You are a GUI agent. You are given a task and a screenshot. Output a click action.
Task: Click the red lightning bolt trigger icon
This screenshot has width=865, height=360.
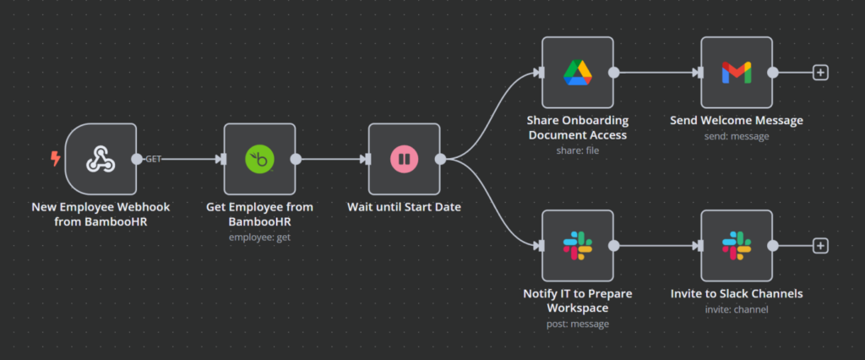(56, 158)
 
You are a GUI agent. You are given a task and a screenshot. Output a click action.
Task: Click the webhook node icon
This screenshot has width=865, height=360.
(101, 159)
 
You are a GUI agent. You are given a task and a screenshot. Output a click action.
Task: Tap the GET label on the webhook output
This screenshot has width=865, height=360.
(155, 158)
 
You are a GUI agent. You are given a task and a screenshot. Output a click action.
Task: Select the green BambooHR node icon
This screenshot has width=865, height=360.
(259, 159)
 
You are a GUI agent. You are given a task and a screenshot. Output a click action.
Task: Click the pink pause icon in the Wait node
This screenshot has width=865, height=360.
(404, 159)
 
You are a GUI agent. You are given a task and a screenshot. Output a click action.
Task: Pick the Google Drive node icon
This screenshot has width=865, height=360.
(578, 73)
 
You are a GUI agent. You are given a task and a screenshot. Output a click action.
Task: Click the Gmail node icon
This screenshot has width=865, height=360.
(736, 73)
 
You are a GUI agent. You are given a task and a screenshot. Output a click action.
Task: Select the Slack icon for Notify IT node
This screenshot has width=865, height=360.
(578, 246)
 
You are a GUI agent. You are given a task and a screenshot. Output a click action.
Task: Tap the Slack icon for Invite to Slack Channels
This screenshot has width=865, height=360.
(736, 246)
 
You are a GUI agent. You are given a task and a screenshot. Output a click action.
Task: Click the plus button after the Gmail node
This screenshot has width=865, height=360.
(819, 73)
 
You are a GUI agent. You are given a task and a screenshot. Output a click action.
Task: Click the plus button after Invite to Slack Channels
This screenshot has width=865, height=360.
(819, 246)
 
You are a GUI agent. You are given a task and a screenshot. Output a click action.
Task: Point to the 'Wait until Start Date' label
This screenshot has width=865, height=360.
(404, 206)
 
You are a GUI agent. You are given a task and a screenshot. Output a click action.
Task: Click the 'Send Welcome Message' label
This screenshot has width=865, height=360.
(736, 120)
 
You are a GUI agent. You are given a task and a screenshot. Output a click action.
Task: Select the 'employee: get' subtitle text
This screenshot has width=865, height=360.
(259, 237)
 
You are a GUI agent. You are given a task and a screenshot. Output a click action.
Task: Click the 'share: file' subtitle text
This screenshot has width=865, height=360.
(578, 150)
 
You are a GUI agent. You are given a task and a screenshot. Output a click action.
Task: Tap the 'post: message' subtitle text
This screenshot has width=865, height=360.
(578, 323)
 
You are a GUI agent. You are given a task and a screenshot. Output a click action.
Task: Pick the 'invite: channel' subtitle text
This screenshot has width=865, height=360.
(736, 308)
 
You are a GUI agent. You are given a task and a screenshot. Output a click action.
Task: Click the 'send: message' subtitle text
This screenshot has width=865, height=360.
(736, 135)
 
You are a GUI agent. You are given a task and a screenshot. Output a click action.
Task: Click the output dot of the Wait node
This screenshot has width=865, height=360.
(440, 159)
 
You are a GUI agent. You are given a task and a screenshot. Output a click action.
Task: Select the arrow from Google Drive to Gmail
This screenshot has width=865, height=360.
(659, 73)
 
